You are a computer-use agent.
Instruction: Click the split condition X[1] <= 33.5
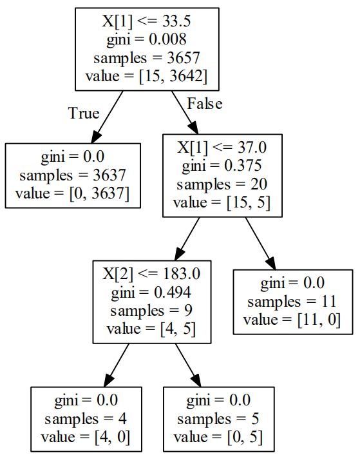[146, 21]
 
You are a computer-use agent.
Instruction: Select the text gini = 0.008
[146, 39]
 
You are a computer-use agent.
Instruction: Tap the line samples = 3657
[147, 58]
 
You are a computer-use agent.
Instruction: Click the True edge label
[84, 113]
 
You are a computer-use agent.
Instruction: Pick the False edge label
[205, 104]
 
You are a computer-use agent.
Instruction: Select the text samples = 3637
[73, 175]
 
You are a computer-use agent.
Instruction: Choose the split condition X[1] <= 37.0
[222, 148]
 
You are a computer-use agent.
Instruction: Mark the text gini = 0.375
[222, 166]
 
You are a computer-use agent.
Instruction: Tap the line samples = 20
[222, 184]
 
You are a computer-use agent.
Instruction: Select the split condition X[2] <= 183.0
[151, 274]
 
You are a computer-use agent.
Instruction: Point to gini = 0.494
[151, 292]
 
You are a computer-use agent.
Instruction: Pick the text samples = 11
[292, 302]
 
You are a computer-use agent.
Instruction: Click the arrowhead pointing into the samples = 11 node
[270, 264]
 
